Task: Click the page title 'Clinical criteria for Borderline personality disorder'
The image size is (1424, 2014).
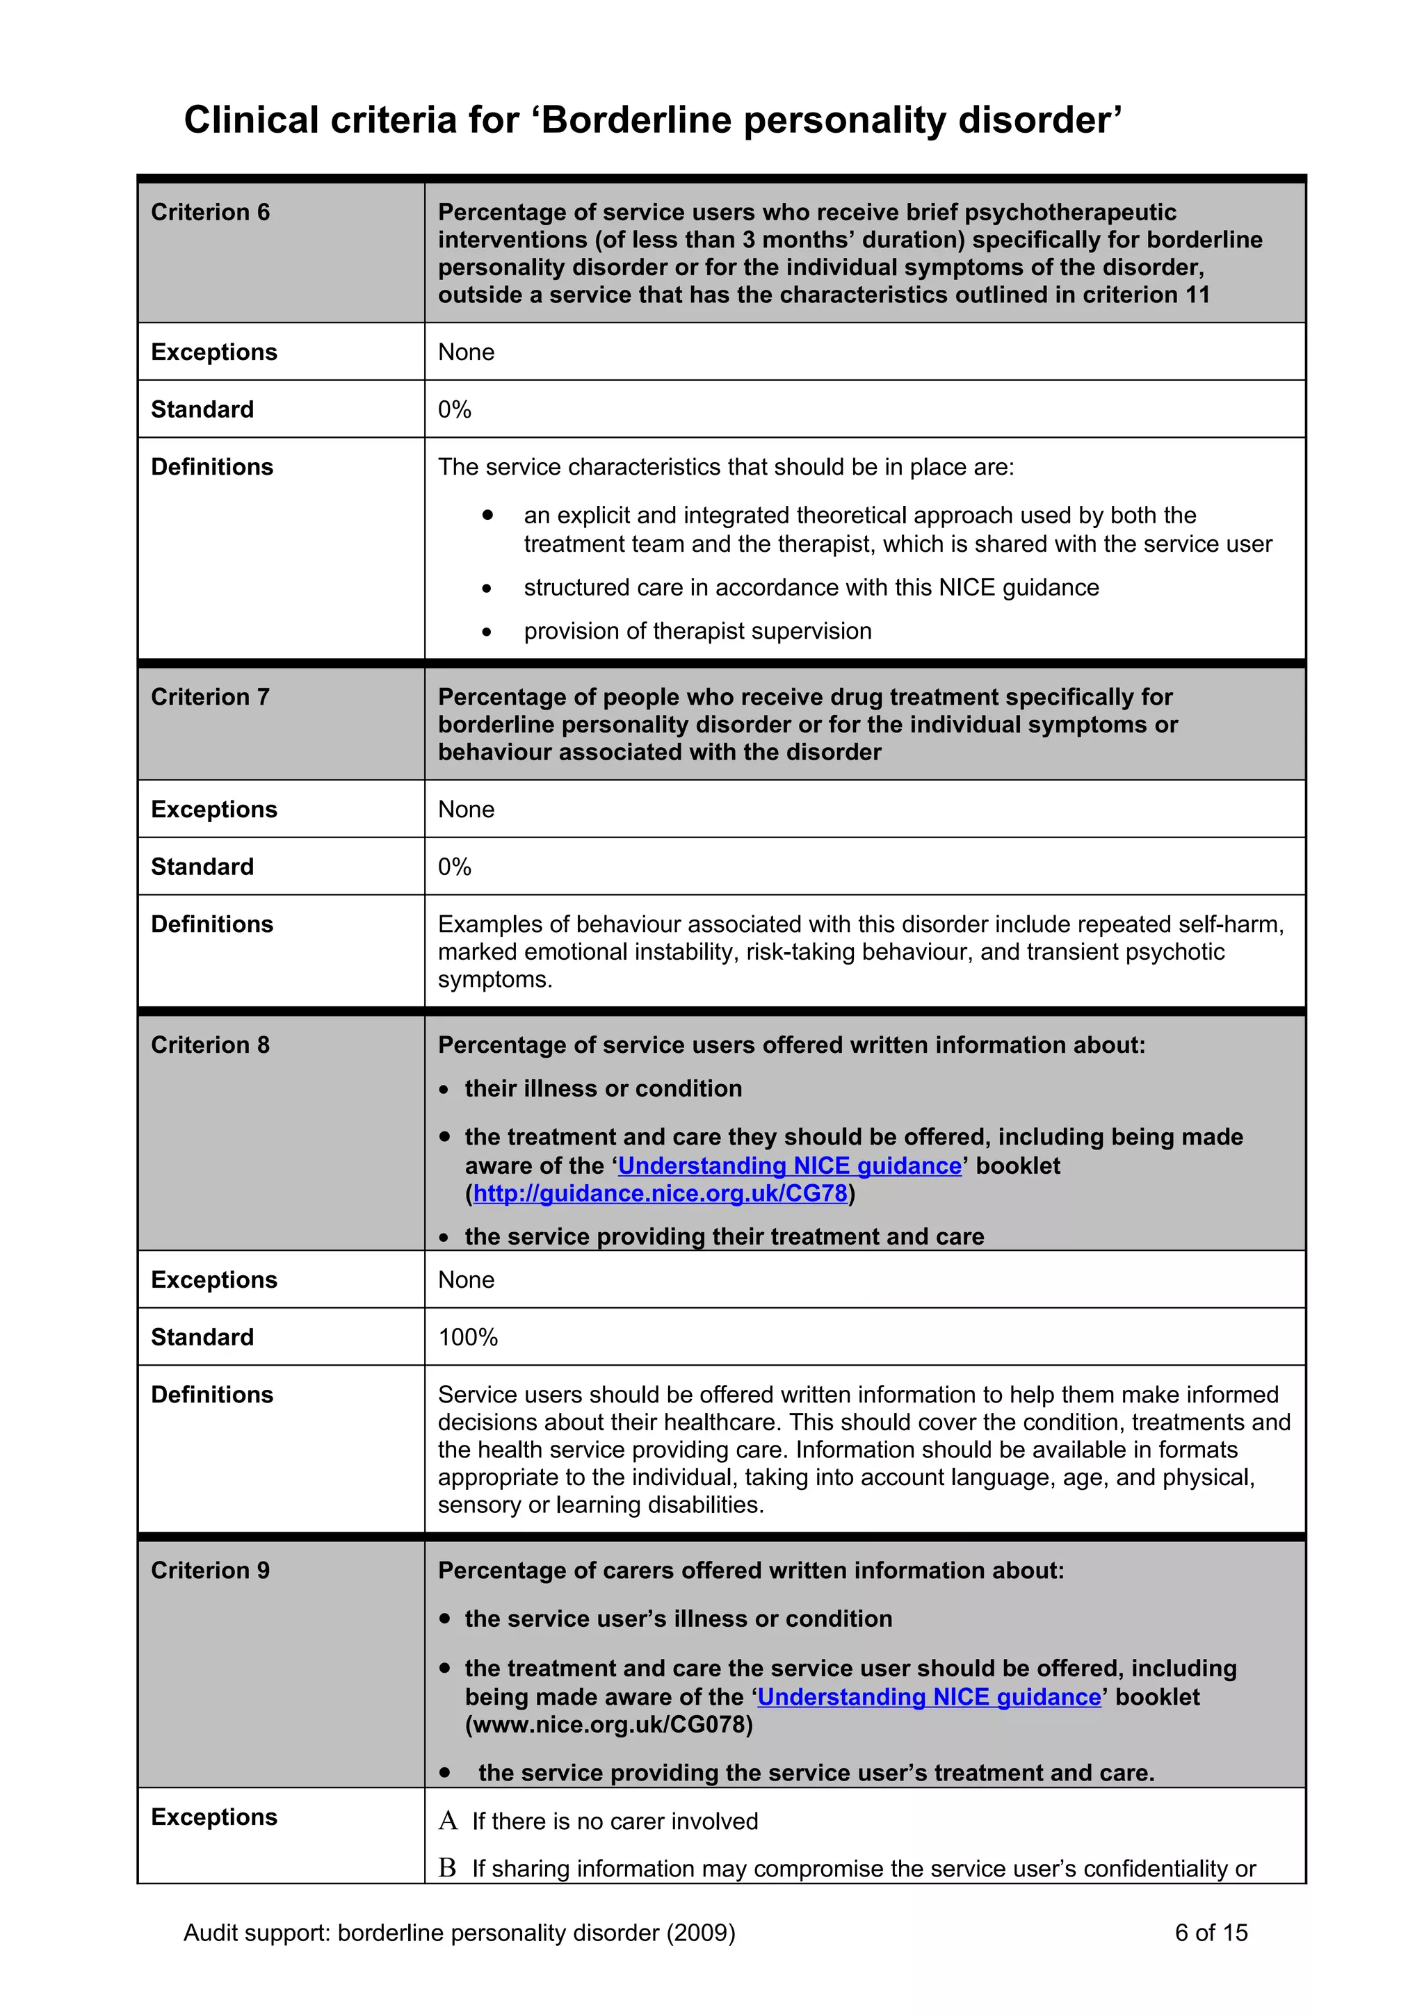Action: coord(653,120)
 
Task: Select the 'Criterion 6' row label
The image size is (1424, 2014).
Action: coord(210,212)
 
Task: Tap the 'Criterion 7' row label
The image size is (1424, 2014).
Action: coord(210,696)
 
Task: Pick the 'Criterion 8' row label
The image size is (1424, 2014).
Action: coord(210,1045)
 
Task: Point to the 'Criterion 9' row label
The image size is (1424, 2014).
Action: coord(210,1570)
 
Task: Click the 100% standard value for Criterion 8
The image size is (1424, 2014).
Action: coord(468,1337)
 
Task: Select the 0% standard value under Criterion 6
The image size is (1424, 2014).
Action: coord(455,409)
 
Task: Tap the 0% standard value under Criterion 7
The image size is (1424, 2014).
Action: coord(455,867)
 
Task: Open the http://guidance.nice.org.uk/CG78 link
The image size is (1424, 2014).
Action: coord(660,1194)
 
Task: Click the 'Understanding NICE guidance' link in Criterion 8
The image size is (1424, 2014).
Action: coord(790,1165)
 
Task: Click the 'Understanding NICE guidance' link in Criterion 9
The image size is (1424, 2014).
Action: coord(928,1696)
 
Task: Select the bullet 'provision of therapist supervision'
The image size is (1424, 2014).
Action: coord(697,632)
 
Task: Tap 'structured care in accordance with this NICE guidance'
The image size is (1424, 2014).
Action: coord(811,588)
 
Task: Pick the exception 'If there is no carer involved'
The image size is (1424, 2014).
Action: coord(614,1822)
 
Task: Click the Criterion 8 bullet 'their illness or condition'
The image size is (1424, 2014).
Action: coord(603,1088)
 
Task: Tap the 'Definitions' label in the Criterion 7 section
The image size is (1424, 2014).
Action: coord(211,924)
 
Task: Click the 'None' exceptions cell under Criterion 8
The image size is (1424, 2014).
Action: coord(466,1280)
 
